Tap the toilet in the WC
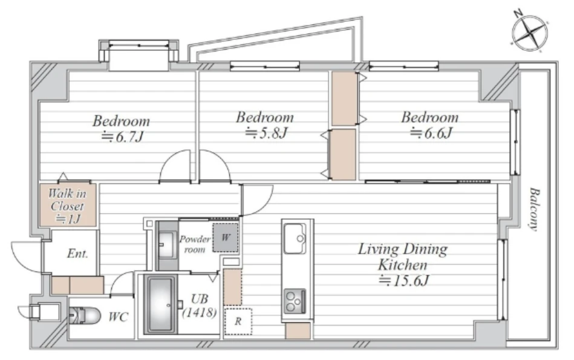(x=85, y=315)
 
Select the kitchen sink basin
(x=295, y=238)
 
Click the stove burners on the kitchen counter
(x=295, y=301)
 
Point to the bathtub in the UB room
(x=161, y=305)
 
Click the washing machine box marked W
(x=226, y=238)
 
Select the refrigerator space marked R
(x=238, y=321)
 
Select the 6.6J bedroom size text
(x=431, y=133)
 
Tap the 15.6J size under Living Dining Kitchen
(x=404, y=281)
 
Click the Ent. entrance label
(x=77, y=254)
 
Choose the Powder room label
(x=195, y=244)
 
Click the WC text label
(x=118, y=317)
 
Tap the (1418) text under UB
(x=200, y=312)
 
